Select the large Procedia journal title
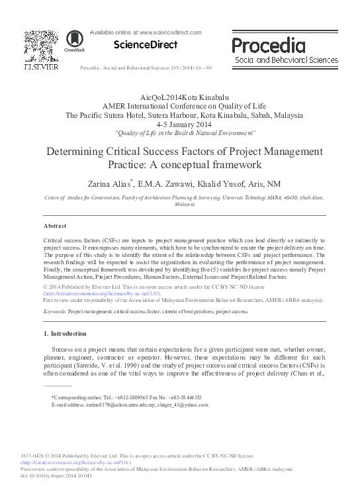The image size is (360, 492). (x=269, y=45)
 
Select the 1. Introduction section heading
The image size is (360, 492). (x=64, y=332)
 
